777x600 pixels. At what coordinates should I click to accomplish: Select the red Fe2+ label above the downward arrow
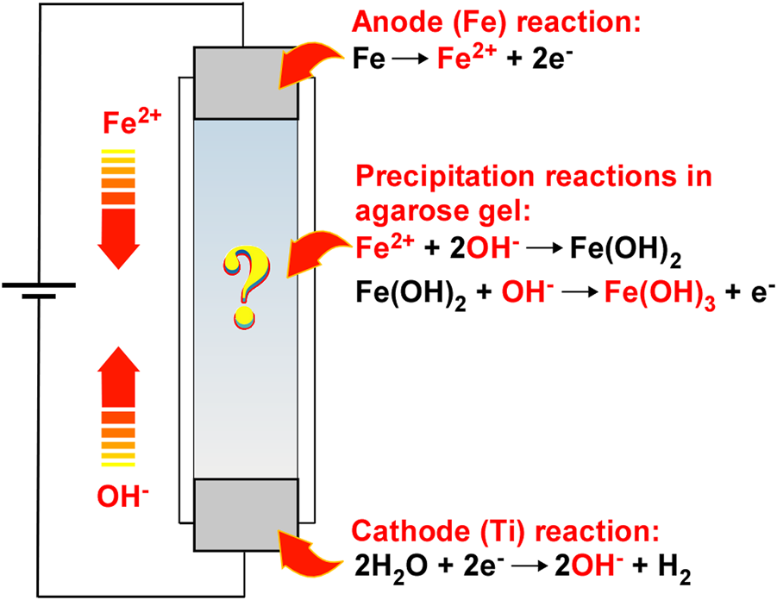(119, 122)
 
